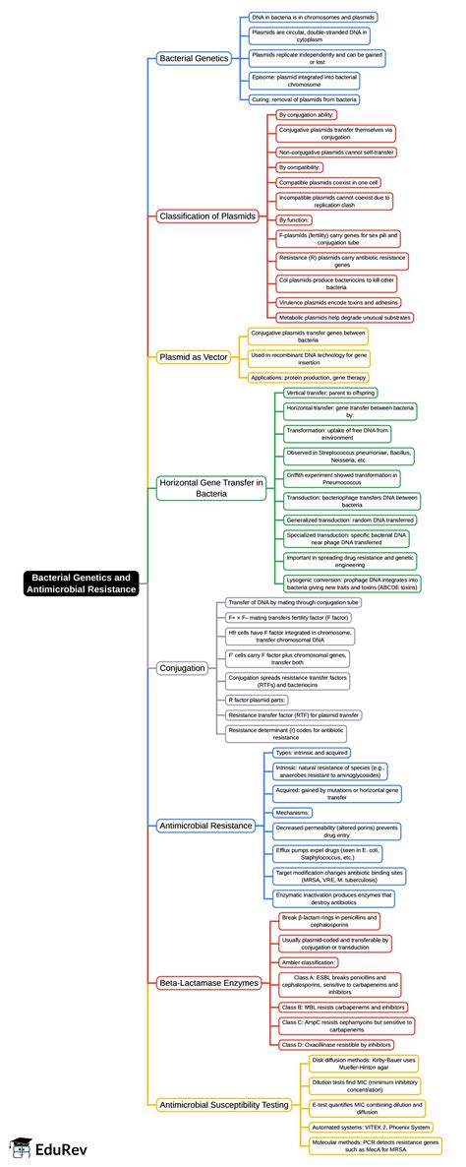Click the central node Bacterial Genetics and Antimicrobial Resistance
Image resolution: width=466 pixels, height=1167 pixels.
(x=81, y=583)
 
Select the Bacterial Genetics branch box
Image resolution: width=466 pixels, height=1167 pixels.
(x=194, y=59)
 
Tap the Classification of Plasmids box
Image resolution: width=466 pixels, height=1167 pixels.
(x=207, y=215)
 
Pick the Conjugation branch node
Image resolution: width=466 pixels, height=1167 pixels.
(x=182, y=667)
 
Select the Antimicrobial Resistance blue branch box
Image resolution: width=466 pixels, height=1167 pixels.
(x=206, y=825)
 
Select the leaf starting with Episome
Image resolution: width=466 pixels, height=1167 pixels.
(x=304, y=81)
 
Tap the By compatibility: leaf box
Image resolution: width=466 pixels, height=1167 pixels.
(x=300, y=167)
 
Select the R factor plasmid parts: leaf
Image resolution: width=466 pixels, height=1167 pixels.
(x=257, y=699)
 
